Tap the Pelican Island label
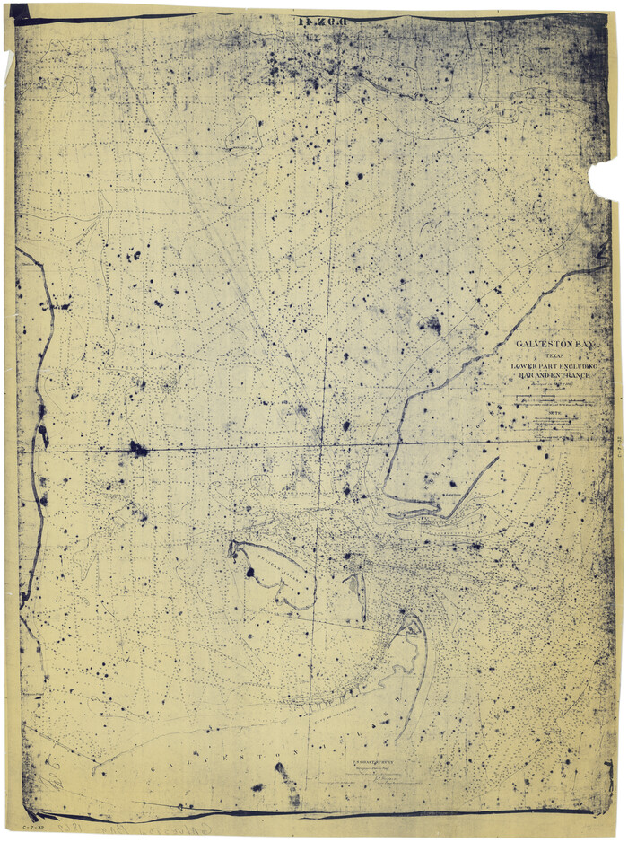coord(269,574)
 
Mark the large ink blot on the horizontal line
coord(137,448)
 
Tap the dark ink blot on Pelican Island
coord(249,571)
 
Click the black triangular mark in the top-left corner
coord(18,12)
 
